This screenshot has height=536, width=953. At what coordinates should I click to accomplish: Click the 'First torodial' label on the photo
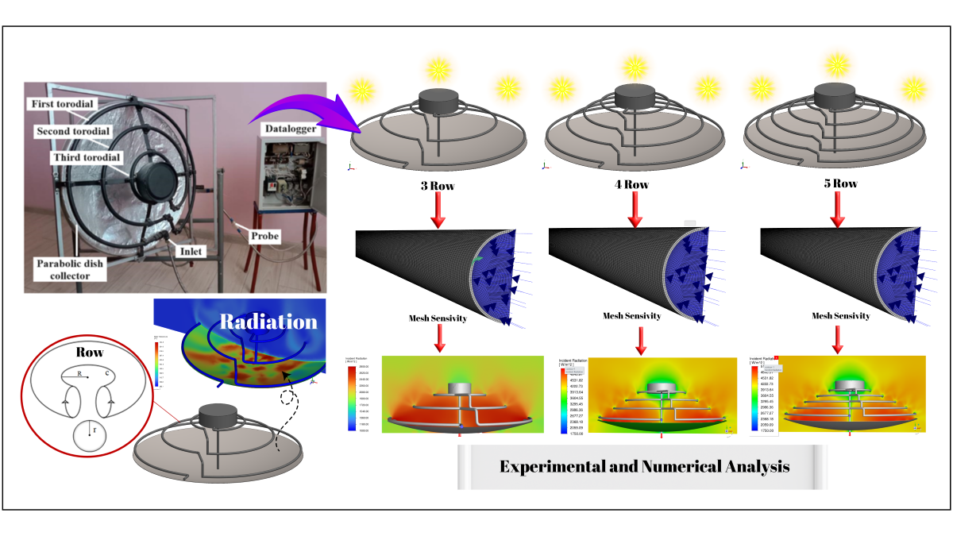(69, 105)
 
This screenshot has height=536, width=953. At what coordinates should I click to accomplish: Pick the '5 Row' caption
(838, 183)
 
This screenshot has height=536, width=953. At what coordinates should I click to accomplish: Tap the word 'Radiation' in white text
(268, 322)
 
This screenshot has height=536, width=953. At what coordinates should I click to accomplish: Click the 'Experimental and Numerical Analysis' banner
(644, 466)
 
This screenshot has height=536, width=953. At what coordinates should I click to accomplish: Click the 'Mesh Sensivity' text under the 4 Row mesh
(633, 316)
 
